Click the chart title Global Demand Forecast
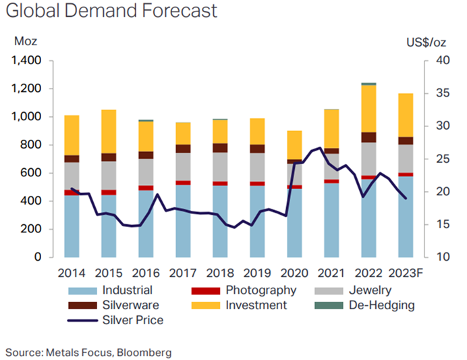111,11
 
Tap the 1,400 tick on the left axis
26,61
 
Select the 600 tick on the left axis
32,173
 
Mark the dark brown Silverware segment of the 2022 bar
368,137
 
